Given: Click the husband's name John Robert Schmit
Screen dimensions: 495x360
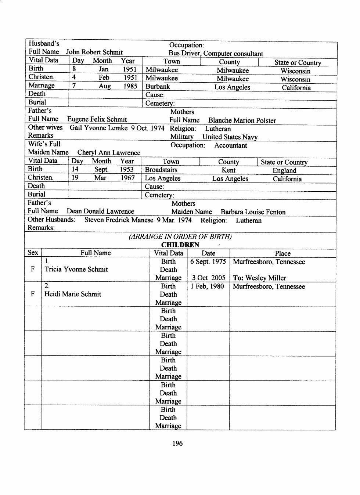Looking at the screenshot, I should click(x=94, y=52).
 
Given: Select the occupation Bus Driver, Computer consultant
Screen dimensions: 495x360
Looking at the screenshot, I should click(x=216, y=54).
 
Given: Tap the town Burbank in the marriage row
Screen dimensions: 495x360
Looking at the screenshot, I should click(x=158, y=87).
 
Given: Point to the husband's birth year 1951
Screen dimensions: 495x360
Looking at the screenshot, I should click(x=129, y=69).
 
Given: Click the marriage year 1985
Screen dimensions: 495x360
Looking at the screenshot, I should click(x=130, y=86).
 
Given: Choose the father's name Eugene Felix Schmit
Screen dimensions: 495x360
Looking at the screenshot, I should click(x=97, y=119).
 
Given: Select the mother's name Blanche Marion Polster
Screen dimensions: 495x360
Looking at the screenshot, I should click(x=242, y=120).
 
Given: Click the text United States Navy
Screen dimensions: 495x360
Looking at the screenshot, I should click(x=230, y=137).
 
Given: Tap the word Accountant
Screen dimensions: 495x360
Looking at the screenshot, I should click(x=231, y=145).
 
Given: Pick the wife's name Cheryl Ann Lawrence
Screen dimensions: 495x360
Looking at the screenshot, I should click(x=109, y=152).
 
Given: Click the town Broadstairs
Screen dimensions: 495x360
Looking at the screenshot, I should click(x=161, y=170).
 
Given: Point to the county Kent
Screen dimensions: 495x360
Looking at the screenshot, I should click(x=228, y=170).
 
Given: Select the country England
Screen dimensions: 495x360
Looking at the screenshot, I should click(x=284, y=170).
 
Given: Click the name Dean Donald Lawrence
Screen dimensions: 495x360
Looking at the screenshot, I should click(x=100, y=211).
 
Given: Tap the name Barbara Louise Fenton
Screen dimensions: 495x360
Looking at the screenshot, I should click(x=253, y=212).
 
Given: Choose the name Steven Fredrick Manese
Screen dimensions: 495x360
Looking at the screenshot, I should click(x=119, y=220).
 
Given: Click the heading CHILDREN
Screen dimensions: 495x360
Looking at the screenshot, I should click(x=180, y=245).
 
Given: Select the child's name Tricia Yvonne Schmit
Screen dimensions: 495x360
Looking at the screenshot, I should click(x=76, y=269).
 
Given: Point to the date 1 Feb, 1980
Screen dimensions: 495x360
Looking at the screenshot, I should click(x=207, y=286).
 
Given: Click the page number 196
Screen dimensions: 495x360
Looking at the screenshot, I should click(x=177, y=443).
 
